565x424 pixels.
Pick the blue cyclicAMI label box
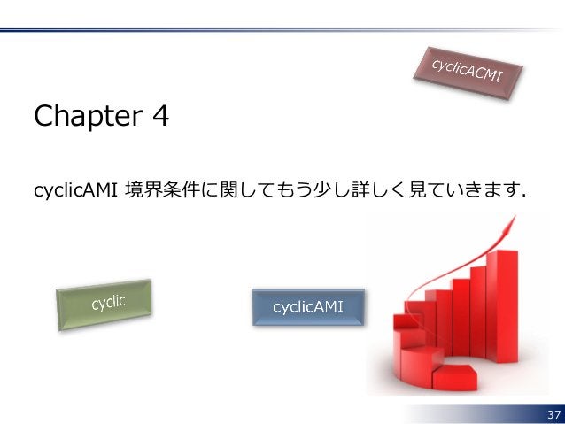pos(308,307)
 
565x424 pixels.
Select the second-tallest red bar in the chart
pos(483,305)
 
